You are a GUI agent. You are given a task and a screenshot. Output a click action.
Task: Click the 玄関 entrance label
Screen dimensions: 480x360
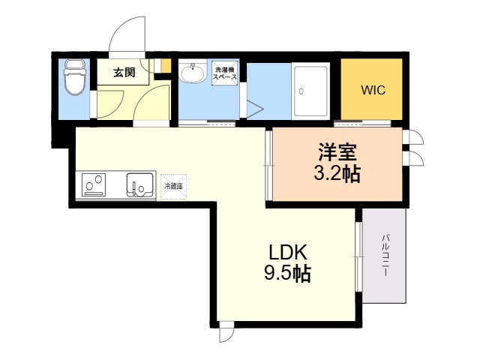[x=124, y=73]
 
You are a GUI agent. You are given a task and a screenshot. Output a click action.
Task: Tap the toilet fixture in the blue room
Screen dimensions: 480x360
[x=75, y=77]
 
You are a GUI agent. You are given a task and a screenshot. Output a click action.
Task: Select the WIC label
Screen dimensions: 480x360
[x=373, y=90]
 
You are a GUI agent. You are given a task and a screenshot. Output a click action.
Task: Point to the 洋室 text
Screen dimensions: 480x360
[x=337, y=152]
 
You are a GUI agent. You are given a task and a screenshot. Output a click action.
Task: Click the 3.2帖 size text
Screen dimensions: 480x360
[x=337, y=174]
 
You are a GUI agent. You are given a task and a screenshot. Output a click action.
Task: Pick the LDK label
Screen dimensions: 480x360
[x=287, y=253]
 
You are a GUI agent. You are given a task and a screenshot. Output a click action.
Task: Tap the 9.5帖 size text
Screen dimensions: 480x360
[x=287, y=273]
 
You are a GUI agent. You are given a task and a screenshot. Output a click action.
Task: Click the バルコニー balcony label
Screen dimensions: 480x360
[x=385, y=255]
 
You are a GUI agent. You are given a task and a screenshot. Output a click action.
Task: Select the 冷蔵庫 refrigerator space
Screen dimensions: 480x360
[x=173, y=187]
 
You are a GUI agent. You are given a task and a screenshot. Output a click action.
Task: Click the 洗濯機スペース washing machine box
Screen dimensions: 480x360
[x=225, y=73]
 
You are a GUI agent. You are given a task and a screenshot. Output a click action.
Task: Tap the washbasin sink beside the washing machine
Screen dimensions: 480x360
[x=192, y=73]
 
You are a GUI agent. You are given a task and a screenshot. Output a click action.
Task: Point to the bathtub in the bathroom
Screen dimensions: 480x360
[x=310, y=91]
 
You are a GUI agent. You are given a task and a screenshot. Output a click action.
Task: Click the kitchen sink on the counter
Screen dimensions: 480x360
[x=140, y=185]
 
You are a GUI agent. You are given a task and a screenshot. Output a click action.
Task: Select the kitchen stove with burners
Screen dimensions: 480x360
[x=94, y=184]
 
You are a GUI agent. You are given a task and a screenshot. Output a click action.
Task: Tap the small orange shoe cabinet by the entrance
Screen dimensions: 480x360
[x=166, y=66]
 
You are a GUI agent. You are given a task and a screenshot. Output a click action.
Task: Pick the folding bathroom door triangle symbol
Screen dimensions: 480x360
[x=255, y=108]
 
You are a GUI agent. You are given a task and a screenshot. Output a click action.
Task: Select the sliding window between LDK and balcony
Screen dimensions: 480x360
[x=358, y=256]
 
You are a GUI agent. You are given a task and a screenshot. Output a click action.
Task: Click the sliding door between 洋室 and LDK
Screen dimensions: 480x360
[x=268, y=166]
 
